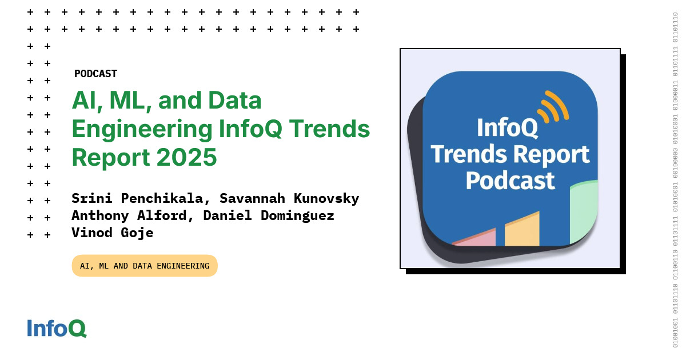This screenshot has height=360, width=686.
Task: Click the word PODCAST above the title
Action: click(95, 74)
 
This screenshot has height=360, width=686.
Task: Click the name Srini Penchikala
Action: click(136, 198)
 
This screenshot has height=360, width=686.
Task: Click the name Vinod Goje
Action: click(113, 233)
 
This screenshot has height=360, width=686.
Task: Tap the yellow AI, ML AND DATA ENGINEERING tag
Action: click(145, 266)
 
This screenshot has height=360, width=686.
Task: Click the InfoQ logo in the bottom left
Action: click(57, 329)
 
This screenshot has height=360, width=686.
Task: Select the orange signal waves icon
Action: click(552, 107)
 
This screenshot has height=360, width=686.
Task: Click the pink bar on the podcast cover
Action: click(476, 238)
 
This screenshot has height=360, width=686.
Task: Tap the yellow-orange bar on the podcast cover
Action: click(522, 230)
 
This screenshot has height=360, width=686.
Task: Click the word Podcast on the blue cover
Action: click(510, 180)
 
